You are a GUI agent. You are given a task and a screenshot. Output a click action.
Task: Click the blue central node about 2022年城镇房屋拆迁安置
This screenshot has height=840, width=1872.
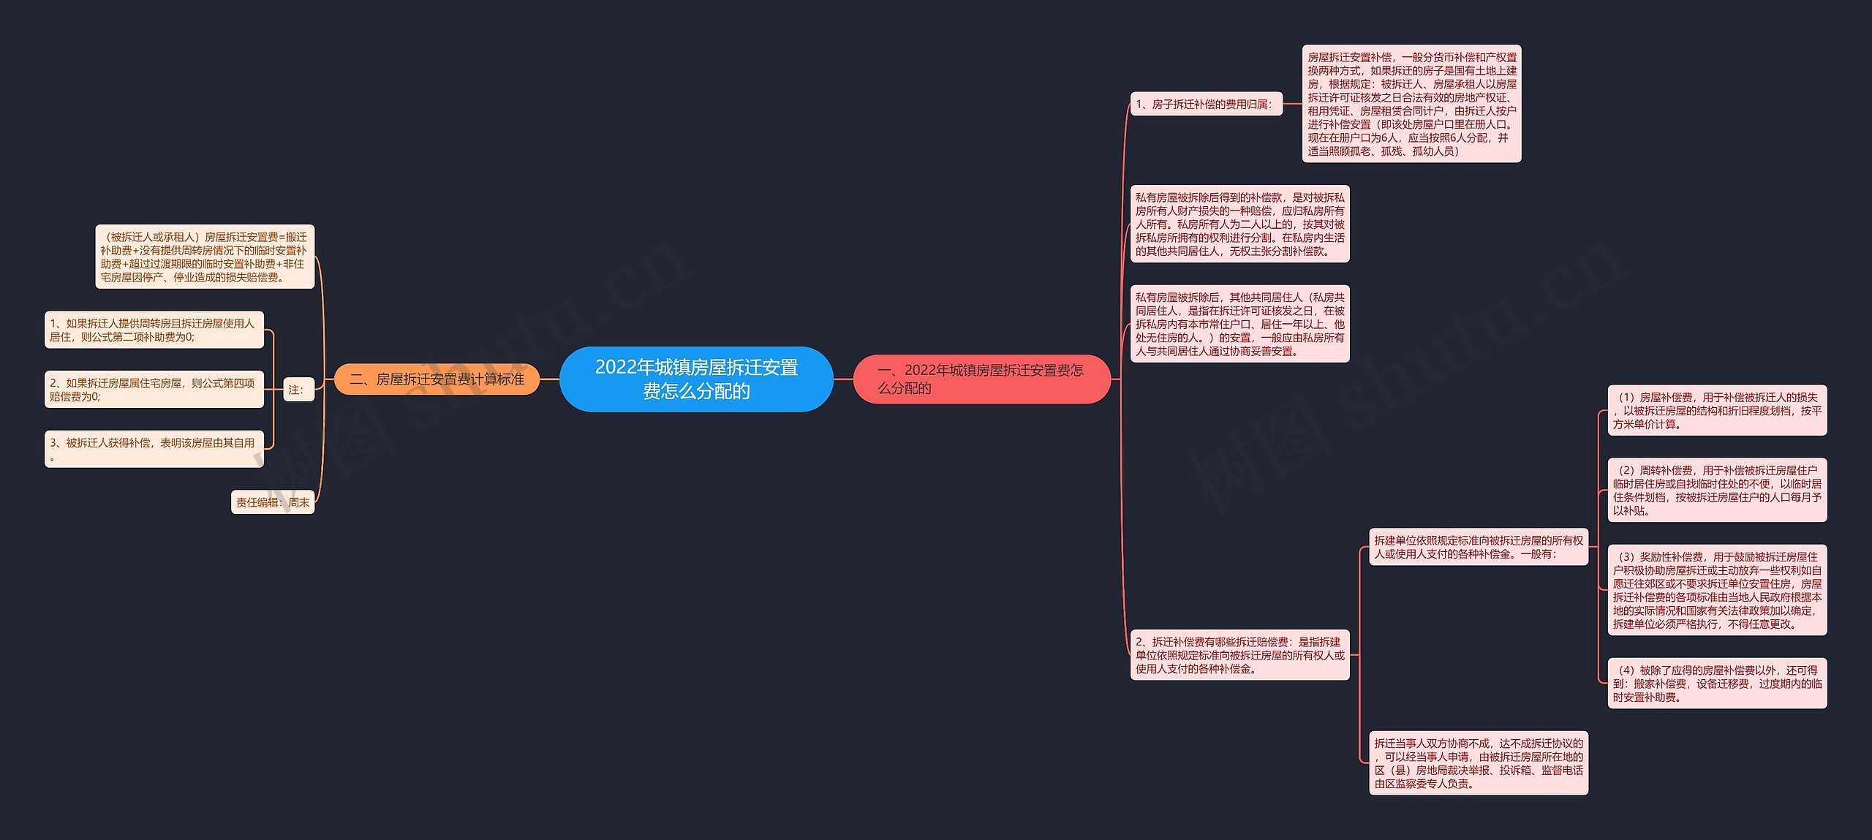click(x=695, y=379)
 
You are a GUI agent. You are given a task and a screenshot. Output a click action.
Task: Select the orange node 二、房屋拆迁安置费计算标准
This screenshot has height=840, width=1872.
click(x=437, y=379)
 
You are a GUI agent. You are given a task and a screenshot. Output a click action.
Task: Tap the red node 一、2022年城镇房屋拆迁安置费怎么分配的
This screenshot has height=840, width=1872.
click(x=981, y=379)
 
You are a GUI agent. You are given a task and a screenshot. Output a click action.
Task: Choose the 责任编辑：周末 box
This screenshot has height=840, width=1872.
click(x=273, y=502)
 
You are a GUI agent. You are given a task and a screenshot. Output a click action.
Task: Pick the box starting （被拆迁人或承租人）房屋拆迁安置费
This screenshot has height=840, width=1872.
click(x=205, y=257)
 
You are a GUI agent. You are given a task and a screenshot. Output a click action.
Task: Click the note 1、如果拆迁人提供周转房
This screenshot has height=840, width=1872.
click(x=154, y=330)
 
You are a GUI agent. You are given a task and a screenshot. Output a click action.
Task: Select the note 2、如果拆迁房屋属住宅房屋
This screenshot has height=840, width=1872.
click(x=154, y=390)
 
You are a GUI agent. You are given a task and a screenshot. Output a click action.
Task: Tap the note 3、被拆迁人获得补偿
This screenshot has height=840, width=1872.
click(x=154, y=449)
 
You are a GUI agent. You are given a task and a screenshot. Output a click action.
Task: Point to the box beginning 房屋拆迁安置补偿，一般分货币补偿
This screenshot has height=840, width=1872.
click(x=1411, y=104)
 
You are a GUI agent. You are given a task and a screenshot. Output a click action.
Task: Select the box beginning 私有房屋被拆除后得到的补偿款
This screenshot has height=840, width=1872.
click(x=1239, y=224)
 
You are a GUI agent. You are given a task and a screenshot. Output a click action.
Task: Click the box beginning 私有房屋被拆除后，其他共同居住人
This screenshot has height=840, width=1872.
click(x=1239, y=324)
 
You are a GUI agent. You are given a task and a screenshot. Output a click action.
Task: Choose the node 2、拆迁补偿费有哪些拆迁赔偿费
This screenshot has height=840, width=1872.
click(x=1239, y=655)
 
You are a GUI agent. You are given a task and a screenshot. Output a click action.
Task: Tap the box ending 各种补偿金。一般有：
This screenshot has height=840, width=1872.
click(x=1478, y=547)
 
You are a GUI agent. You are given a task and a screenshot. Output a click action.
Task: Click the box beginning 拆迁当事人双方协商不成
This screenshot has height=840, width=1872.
click(x=1478, y=763)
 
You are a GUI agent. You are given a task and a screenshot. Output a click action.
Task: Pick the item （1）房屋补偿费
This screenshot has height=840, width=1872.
click(x=1716, y=410)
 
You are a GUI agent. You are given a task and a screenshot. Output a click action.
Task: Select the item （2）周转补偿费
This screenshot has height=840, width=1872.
click(x=1716, y=490)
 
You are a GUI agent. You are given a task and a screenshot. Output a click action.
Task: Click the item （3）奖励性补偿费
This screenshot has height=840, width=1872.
click(x=1716, y=590)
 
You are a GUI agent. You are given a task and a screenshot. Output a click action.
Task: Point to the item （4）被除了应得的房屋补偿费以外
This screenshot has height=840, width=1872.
click(x=1716, y=683)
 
